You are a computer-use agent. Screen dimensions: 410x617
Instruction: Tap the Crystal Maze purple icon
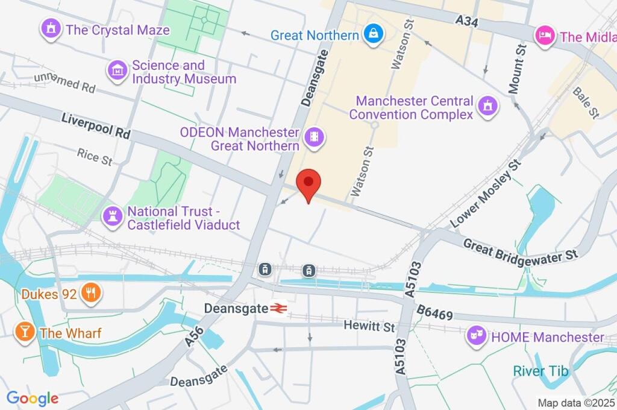point(51,29)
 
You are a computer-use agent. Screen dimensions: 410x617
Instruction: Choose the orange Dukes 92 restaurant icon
point(90,294)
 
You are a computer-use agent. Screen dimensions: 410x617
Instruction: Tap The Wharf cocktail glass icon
point(24,332)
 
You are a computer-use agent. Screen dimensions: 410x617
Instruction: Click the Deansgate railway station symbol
point(278,308)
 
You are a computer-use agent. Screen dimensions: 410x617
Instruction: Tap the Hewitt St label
point(369,326)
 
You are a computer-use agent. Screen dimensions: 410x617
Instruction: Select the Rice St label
point(95,157)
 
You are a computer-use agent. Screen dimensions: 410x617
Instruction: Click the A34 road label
point(468,22)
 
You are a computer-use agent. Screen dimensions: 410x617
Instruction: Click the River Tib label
point(540,371)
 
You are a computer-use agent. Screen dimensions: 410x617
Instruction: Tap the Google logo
point(33,398)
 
